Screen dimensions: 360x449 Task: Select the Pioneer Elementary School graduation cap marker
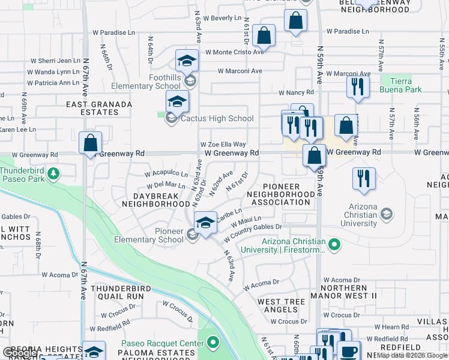pyautogui.click(x=205, y=223)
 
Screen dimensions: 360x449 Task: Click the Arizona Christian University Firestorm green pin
pyautogui.click(x=335, y=244)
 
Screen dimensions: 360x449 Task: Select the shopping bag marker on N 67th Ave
pyautogui.click(x=90, y=144)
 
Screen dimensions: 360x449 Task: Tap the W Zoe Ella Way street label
pyautogui.click(x=223, y=145)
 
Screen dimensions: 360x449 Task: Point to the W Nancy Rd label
pyautogui.click(x=296, y=92)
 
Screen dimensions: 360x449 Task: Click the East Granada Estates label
pyautogui.click(x=99, y=108)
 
